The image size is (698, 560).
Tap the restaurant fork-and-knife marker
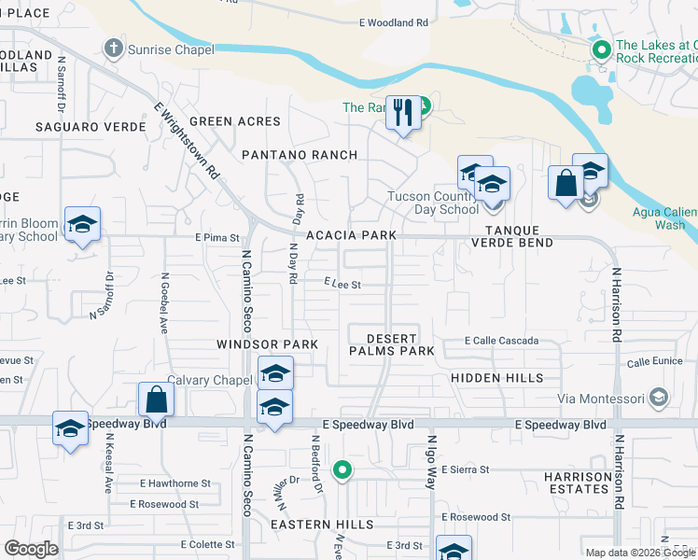click(403, 114)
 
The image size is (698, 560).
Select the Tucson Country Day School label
click(434, 203)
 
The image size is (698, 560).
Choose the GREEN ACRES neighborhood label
click(234, 121)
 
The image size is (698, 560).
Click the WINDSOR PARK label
click(268, 344)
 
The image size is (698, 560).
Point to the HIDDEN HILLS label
click(496, 378)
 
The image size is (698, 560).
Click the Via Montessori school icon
click(659, 399)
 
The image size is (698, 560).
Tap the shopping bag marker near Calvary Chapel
click(157, 399)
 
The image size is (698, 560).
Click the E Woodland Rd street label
click(393, 22)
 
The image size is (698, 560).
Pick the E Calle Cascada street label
click(502, 341)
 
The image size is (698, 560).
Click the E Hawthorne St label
click(175, 483)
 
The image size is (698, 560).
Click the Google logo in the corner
click(31, 549)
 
